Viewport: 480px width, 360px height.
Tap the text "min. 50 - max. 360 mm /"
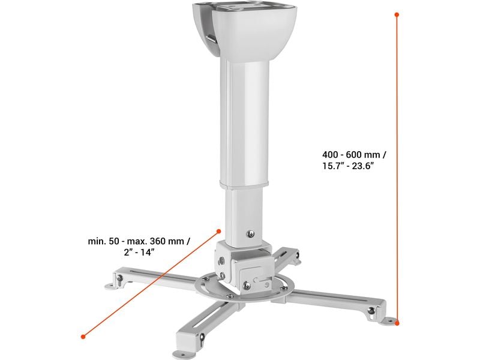(139, 241)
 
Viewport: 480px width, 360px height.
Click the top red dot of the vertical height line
(397, 13)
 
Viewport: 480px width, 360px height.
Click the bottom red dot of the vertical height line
(397, 322)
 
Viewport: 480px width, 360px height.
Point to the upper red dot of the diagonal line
(218, 229)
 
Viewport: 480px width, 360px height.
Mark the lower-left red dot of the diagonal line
(82, 335)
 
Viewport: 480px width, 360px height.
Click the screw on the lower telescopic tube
(251, 233)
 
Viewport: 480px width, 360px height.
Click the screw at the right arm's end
(371, 310)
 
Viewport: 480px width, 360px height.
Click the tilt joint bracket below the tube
(246, 264)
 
